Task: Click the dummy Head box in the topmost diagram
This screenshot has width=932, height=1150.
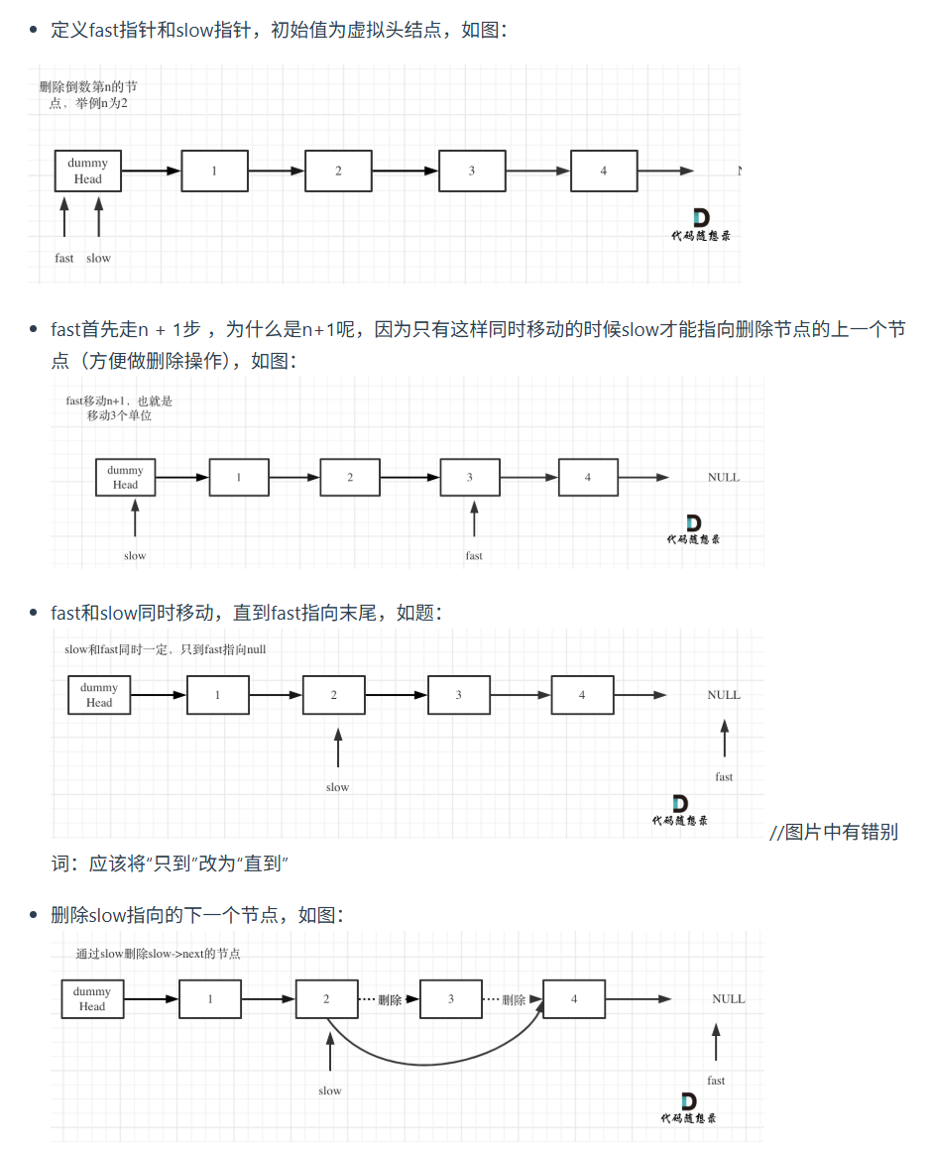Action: click(x=87, y=171)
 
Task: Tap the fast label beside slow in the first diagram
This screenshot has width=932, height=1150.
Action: click(x=64, y=258)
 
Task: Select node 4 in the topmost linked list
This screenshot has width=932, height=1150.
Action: click(x=604, y=171)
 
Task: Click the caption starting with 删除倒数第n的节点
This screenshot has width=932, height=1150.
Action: click(x=87, y=95)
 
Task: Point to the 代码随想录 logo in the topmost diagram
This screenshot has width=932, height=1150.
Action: click(x=700, y=226)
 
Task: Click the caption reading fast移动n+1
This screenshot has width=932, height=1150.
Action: click(x=119, y=408)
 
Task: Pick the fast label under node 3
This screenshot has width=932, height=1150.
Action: click(x=474, y=556)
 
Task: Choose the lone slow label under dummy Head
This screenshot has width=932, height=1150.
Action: click(x=135, y=556)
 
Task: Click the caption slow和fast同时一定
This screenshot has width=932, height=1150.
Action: click(x=166, y=649)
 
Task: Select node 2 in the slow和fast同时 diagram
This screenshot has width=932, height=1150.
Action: click(x=334, y=695)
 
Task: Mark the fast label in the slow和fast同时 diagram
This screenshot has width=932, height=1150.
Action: click(x=724, y=776)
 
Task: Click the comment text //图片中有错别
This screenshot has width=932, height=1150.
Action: click(x=834, y=832)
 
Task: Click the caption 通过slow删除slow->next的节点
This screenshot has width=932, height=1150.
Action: click(x=159, y=954)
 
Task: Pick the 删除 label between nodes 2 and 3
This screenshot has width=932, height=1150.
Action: click(x=390, y=1000)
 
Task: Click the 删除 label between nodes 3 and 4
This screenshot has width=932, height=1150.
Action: click(x=514, y=1000)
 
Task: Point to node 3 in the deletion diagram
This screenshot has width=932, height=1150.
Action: click(x=451, y=999)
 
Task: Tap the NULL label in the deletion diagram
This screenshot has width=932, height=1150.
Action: click(x=728, y=999)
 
